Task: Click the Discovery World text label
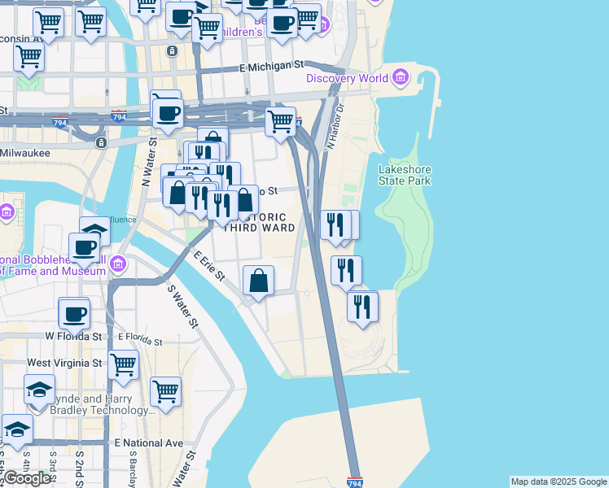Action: click(348, 78)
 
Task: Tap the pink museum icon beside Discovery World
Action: click(400, 78)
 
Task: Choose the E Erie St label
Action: click(209, 265)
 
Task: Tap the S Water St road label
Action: click(182, 305)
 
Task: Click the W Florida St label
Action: click(73, 335)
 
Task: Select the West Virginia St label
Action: click(65, 363)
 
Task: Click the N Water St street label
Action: click(149, 162)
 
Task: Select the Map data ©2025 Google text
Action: click(559, 481)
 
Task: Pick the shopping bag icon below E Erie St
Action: click(258, 281)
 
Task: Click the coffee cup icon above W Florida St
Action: click(74, 313)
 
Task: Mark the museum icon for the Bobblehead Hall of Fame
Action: click(118, 264)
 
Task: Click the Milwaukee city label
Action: click(25, 152)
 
